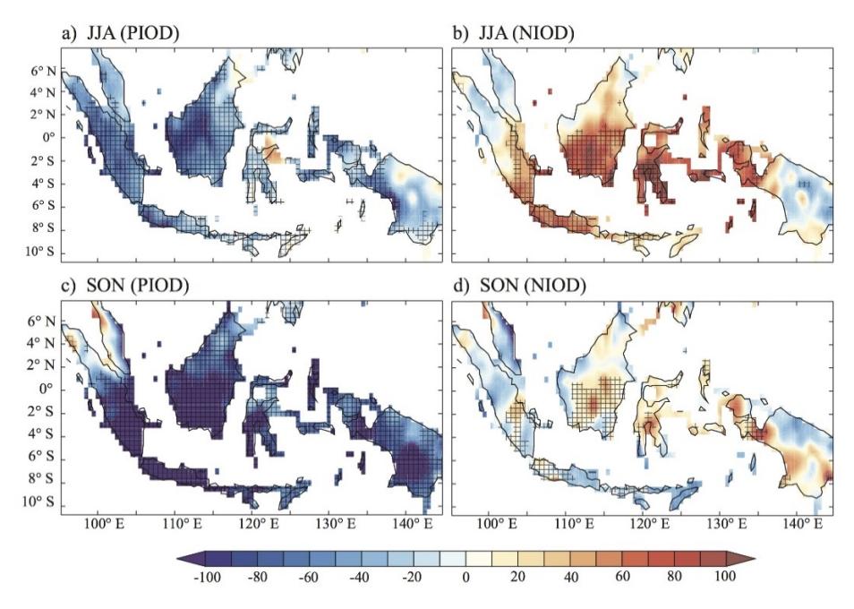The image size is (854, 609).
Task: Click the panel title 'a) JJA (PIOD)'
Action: click(120, 34)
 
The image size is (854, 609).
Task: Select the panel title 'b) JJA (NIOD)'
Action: click(514, 34)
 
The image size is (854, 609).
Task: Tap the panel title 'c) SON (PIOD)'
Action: click(125, 286)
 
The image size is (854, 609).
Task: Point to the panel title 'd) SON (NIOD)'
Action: click(519, 286)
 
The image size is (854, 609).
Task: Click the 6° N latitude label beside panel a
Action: click(43, 71)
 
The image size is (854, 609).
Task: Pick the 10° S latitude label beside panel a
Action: click(39, 252)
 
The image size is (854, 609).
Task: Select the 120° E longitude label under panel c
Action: click(256, 524)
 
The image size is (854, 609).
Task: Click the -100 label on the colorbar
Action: click(207, 577)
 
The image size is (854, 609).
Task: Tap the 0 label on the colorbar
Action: click(465, 577)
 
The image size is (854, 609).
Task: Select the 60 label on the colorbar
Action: click(621, 577)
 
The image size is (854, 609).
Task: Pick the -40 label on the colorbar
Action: click(360, 577)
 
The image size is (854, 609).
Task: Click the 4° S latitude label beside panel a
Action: click(43, 184)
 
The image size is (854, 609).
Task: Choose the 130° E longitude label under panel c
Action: click(333, 524)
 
